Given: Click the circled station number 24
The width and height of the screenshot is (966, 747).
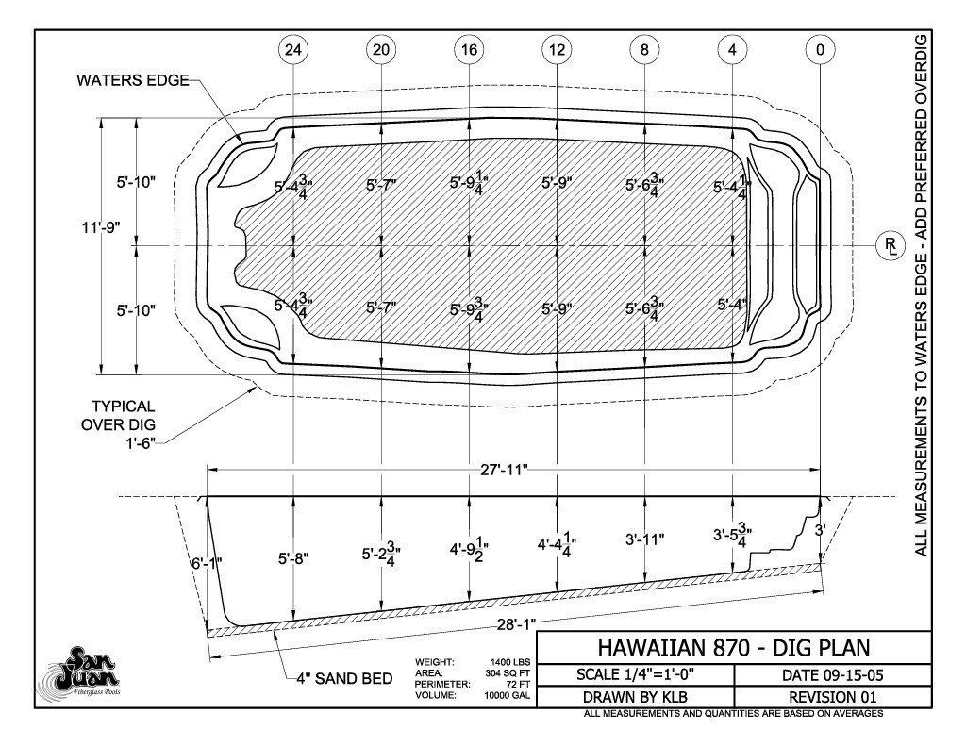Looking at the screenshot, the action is (x=294, y=50).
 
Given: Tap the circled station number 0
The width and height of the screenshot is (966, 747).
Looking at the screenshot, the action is (x=820, y=50).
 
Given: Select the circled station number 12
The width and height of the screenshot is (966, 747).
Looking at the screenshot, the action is (x=557, y=50).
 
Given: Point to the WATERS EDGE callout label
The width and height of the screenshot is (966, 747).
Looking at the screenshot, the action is (x=132, y=81).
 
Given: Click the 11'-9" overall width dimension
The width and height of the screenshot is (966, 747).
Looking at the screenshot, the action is (x=100, y=227).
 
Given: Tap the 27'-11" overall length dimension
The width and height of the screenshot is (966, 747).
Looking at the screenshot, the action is (x=505, y=470).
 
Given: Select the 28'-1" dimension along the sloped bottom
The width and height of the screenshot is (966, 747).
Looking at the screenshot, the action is (x=516, y=624).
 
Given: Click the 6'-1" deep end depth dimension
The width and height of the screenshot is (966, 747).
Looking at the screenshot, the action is (x=207, y=563).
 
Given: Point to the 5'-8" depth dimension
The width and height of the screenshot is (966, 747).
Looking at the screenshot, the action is (x=293, y=558).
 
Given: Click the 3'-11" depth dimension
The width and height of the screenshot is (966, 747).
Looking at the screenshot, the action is (x=645, y=539).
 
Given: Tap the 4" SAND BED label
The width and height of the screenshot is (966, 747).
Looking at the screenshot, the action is (x=344, y=679).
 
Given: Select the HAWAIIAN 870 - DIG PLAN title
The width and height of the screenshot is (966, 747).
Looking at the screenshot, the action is (x=734, y=648).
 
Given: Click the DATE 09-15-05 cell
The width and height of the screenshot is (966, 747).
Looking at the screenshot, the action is (x=832, y=675).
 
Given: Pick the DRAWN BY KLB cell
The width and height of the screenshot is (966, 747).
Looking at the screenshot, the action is (x=635, y=697).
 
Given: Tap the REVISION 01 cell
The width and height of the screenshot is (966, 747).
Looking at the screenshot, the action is (x=832, y=697).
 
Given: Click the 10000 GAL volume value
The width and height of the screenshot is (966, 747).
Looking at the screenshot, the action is (x=507, y=695).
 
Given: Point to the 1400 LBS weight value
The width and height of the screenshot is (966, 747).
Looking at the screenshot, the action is (x=508, y=663).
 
